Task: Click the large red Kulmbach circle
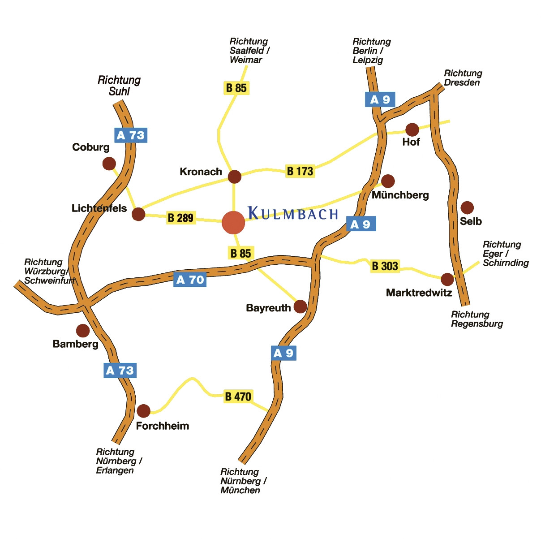click(233, 222)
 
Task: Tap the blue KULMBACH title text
click(293, 213)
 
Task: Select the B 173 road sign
click(300, 171)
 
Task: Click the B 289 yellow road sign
click(180, 218)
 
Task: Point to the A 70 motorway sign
click(190, 280)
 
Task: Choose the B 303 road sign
click(385, 266)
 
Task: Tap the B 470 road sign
click(238, 397)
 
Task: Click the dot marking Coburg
click(109, 164)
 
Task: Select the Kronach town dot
click(234, 177)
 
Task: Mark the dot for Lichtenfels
click(138, 214)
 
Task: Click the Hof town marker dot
click(412, 130)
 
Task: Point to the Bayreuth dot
click(300, 307)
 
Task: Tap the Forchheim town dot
click(143, 411)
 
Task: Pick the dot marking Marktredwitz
click(447, 280)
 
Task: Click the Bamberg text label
click(75, 344)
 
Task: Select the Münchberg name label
click(400, 195)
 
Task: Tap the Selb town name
click(471, 221)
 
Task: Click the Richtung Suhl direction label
click(119, 86)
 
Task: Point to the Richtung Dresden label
click(463, 78)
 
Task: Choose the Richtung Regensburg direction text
click(477, 319)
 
